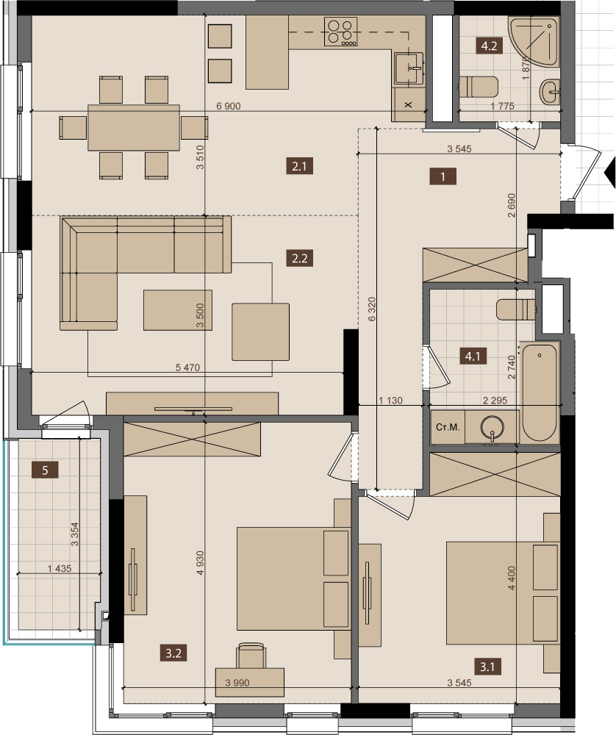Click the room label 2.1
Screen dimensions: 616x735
tap(299, 166)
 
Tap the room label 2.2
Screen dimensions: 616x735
tap(299, 258)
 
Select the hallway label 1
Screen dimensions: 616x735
tap(443, 176)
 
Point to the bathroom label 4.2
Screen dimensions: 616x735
tap(489, 46)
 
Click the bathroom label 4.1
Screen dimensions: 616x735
tap(473, 356)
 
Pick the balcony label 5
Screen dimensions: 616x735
tap(45, 470)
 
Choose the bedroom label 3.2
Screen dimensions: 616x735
tap(173, 653)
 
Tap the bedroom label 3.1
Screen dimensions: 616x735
tap(487, 666)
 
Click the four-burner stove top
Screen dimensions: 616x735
tap(341, 32)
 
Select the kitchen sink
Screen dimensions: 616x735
tap(409, 68)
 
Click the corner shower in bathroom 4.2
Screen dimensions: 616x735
tap(534, 40)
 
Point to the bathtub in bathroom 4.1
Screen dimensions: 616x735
tap(540, 392)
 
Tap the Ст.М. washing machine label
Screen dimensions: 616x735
tap(448, 428)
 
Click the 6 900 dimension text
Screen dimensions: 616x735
tap(229, 107)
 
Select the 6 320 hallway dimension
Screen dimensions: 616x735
tap(372, 309)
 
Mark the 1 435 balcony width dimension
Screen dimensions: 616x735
tap(60, 569)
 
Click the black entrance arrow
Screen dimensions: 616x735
tap(610, 173)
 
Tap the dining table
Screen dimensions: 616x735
tap(134, 127)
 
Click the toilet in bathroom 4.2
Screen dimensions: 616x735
tap(479, 87)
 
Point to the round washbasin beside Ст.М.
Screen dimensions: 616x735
tap(493, 427)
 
